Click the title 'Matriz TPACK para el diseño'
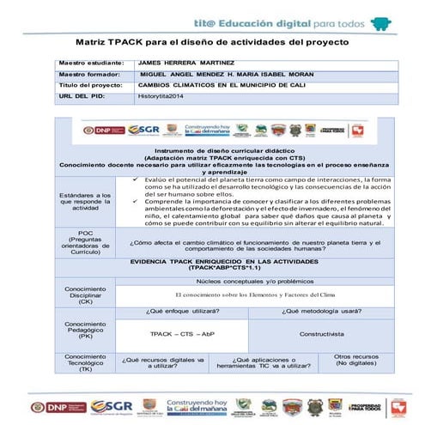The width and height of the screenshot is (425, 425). [210, 40]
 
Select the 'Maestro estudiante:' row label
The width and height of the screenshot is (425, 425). [88, 64]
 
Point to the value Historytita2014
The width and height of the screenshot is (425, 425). [163, 97]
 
